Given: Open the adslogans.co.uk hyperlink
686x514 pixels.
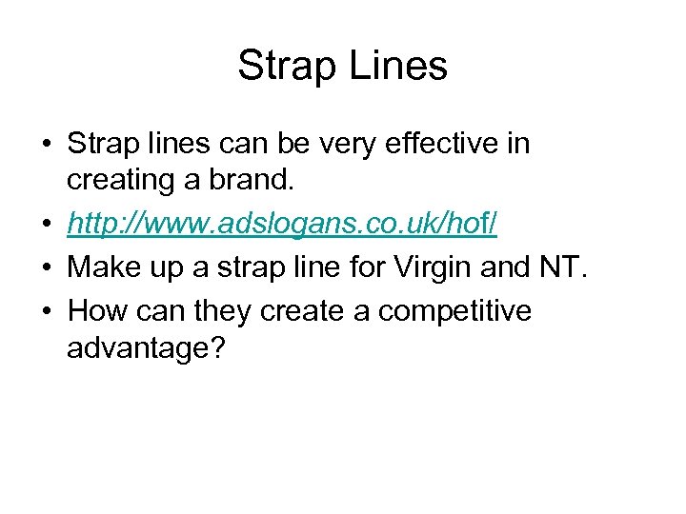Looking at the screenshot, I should coord(281,226).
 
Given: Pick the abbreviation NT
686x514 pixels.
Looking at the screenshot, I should coord(566,267).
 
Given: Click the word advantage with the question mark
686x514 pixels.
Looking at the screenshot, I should coord(146,348).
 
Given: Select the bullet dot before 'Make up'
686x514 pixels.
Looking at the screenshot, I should coord(46,268).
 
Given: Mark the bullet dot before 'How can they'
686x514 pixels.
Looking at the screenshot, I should coord(46,311).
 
